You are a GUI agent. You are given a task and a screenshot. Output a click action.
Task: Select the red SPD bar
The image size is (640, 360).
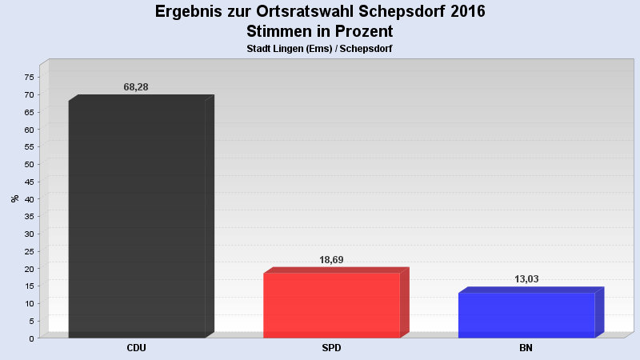331,305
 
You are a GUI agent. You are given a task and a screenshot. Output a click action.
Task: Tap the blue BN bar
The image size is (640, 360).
526,314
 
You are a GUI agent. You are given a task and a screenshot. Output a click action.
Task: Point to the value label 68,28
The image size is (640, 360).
136,86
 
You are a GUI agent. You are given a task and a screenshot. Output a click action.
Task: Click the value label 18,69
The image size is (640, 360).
331,260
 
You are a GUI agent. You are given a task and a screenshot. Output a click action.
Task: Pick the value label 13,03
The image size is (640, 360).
526,279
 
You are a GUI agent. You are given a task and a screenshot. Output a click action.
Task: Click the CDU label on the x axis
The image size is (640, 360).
136,349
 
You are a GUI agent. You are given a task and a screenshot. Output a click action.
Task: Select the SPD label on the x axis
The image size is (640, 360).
331,349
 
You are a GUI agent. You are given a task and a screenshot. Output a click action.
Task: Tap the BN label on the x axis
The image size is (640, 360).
526,349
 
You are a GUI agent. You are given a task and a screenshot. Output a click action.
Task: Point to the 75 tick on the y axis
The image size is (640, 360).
30,78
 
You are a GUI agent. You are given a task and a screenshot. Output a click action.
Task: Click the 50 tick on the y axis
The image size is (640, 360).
30,164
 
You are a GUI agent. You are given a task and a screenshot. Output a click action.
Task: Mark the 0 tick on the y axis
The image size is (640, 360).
32,338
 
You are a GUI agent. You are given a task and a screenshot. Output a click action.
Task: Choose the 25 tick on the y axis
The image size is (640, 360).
30,251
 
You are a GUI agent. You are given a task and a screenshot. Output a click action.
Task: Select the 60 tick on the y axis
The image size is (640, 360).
30,130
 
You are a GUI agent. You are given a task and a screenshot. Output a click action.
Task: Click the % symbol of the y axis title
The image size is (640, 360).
15,198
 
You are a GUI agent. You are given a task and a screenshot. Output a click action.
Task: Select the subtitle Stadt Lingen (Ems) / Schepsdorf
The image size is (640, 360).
320,49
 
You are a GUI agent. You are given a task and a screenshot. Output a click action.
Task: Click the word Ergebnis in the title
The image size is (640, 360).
189,12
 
